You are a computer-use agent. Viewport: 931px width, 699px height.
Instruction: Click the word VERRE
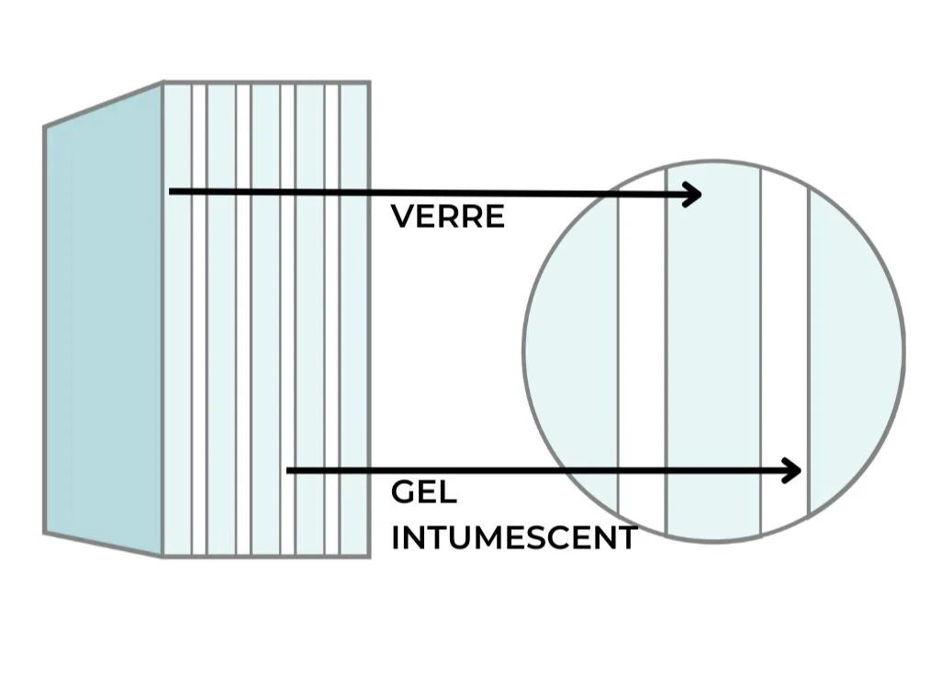pos(447,217)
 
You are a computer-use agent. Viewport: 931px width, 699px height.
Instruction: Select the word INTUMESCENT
pos(513,537)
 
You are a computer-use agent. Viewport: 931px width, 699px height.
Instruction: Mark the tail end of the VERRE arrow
pos(172,191)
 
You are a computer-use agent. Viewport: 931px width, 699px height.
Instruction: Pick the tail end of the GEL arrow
pos(289,470)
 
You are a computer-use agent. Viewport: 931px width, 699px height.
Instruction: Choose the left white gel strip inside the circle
pos(642,349)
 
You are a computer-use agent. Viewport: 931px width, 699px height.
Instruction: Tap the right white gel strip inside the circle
pos(785,349)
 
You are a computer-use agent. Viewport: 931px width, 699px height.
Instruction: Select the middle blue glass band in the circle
pos(713,349)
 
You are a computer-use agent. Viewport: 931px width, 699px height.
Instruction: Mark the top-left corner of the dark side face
pos(45,128)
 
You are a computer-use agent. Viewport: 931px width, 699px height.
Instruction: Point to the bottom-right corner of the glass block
pos(369,556)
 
